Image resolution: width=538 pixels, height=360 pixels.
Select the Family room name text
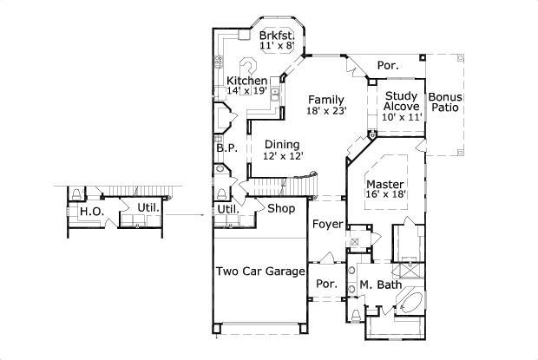[325, 99]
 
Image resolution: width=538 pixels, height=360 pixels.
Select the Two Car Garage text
[259, 271]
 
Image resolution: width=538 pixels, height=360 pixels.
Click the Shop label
[281, 209]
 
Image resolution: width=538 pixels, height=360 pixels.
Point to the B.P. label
[226, 149]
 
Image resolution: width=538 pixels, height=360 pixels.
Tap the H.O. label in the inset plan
[89, 211]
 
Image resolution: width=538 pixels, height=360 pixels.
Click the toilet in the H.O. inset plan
[76, 193]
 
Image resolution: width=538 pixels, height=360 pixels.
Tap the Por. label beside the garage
[326, 285]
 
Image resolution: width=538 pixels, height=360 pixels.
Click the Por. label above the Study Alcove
[388, 65]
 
